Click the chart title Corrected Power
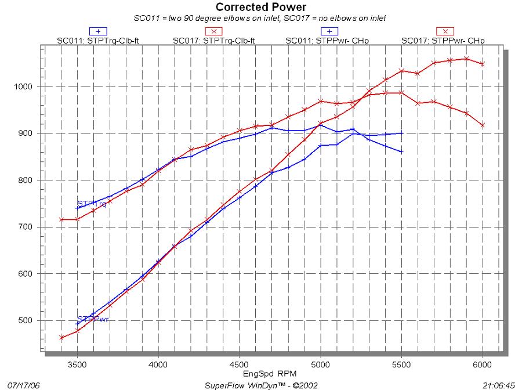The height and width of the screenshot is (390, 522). pos(261,8)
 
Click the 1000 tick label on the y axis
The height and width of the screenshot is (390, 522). pos(29,86)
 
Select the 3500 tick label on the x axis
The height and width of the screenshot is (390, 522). pos(77,366)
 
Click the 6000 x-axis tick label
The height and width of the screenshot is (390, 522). pos(483,366)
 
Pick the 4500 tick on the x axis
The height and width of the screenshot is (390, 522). pos(239,366)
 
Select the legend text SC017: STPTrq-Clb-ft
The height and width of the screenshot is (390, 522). pos(213,41)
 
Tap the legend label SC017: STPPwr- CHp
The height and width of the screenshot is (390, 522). pos(444,41)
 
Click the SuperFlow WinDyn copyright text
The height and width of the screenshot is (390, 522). pos(261,385)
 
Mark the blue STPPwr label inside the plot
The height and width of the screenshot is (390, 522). pos(93,319)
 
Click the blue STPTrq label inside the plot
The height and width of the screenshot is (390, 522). pos(92,204)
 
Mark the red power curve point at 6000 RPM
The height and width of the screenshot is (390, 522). pos(483,64)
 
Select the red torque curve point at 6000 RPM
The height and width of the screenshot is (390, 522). pos(483,125)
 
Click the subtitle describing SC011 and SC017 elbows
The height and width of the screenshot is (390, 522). pos(260,18)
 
